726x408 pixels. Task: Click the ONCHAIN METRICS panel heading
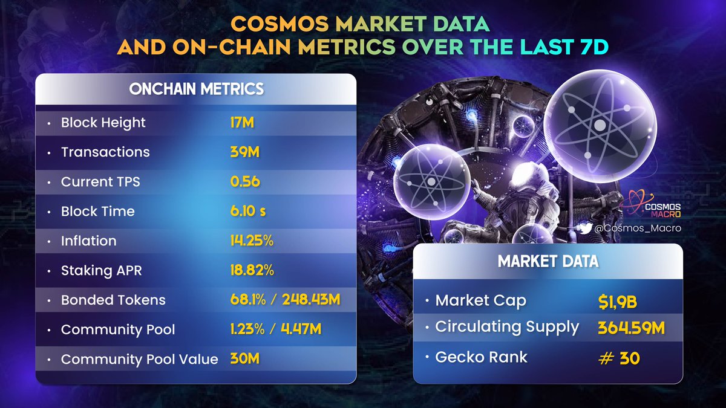(x=197, y=89)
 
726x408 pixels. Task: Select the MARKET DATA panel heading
(x=548, y=261)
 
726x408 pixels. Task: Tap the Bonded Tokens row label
(x=113, y=300)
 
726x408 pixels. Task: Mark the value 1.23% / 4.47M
(x=275, y=329)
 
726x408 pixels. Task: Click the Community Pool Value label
(x=139, y=359)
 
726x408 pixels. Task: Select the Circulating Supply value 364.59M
(x=632, y=328)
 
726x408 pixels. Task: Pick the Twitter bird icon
(x=584, y=228)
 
